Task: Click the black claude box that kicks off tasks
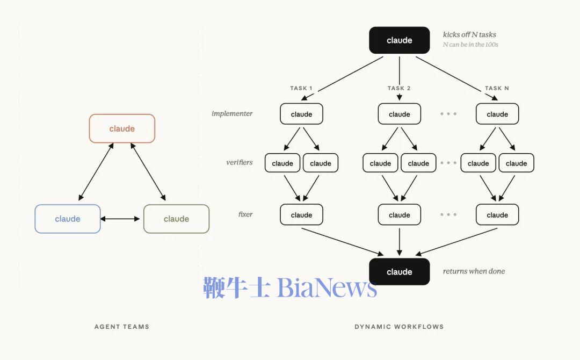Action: tap(400, 40)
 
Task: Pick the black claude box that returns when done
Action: tap(400, 271)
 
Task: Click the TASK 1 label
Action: tap(301, 88)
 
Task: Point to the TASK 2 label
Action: tap(399, 88)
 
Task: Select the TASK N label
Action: tap(497, 88)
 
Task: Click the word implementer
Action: tap(232, 113)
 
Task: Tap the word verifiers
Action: tap(240, 162)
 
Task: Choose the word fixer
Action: tap(245, 214)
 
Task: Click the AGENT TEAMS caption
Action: tap(122, 327)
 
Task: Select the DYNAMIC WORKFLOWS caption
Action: tap(399, 327)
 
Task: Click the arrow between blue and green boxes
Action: tap(120, 219)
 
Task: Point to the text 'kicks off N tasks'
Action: tap(469, 34)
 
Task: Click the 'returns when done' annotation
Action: tap(474, 271)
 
